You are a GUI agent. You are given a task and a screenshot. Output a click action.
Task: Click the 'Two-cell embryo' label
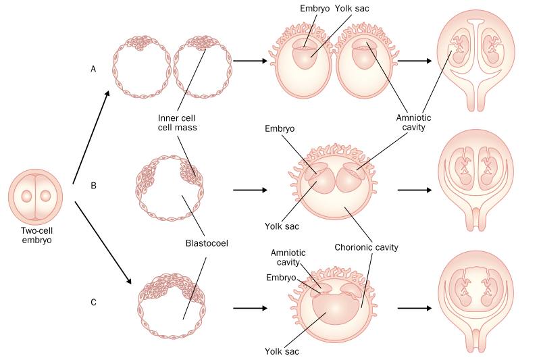[37, 235]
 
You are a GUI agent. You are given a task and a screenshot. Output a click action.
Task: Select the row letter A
[93, 70]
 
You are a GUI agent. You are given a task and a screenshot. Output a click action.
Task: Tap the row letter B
[93, 186]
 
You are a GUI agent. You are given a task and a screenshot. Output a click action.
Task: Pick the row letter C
[93, 303]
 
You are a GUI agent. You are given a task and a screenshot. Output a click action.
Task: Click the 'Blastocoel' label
[207, 243]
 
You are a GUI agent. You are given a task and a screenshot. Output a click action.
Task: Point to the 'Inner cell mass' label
[178, 122]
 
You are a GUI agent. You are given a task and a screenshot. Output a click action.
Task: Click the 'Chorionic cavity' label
[366, 247]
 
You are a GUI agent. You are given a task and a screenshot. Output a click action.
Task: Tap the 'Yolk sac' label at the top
[352, 8]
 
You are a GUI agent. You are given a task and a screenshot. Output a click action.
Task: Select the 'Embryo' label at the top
[315, 8]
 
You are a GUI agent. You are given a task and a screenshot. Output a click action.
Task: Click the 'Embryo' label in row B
[280, 129]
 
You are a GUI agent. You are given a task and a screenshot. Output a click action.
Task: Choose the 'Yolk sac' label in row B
[282, 226]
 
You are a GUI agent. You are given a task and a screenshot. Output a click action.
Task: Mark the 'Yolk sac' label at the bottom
[282, 351]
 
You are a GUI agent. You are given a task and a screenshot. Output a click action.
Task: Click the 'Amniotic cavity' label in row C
[288, 257]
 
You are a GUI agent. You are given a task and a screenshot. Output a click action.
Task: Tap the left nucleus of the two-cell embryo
[26, 196]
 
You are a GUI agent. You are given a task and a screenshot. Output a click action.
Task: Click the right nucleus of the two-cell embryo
[45, 196]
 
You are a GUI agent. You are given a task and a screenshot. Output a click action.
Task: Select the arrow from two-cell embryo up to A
[91, 137]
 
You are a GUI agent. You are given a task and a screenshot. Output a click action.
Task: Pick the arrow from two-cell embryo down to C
[103, 243]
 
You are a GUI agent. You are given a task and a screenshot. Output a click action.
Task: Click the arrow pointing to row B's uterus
[415, 190]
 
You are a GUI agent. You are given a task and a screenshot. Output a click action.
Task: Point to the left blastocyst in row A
[142, 67]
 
